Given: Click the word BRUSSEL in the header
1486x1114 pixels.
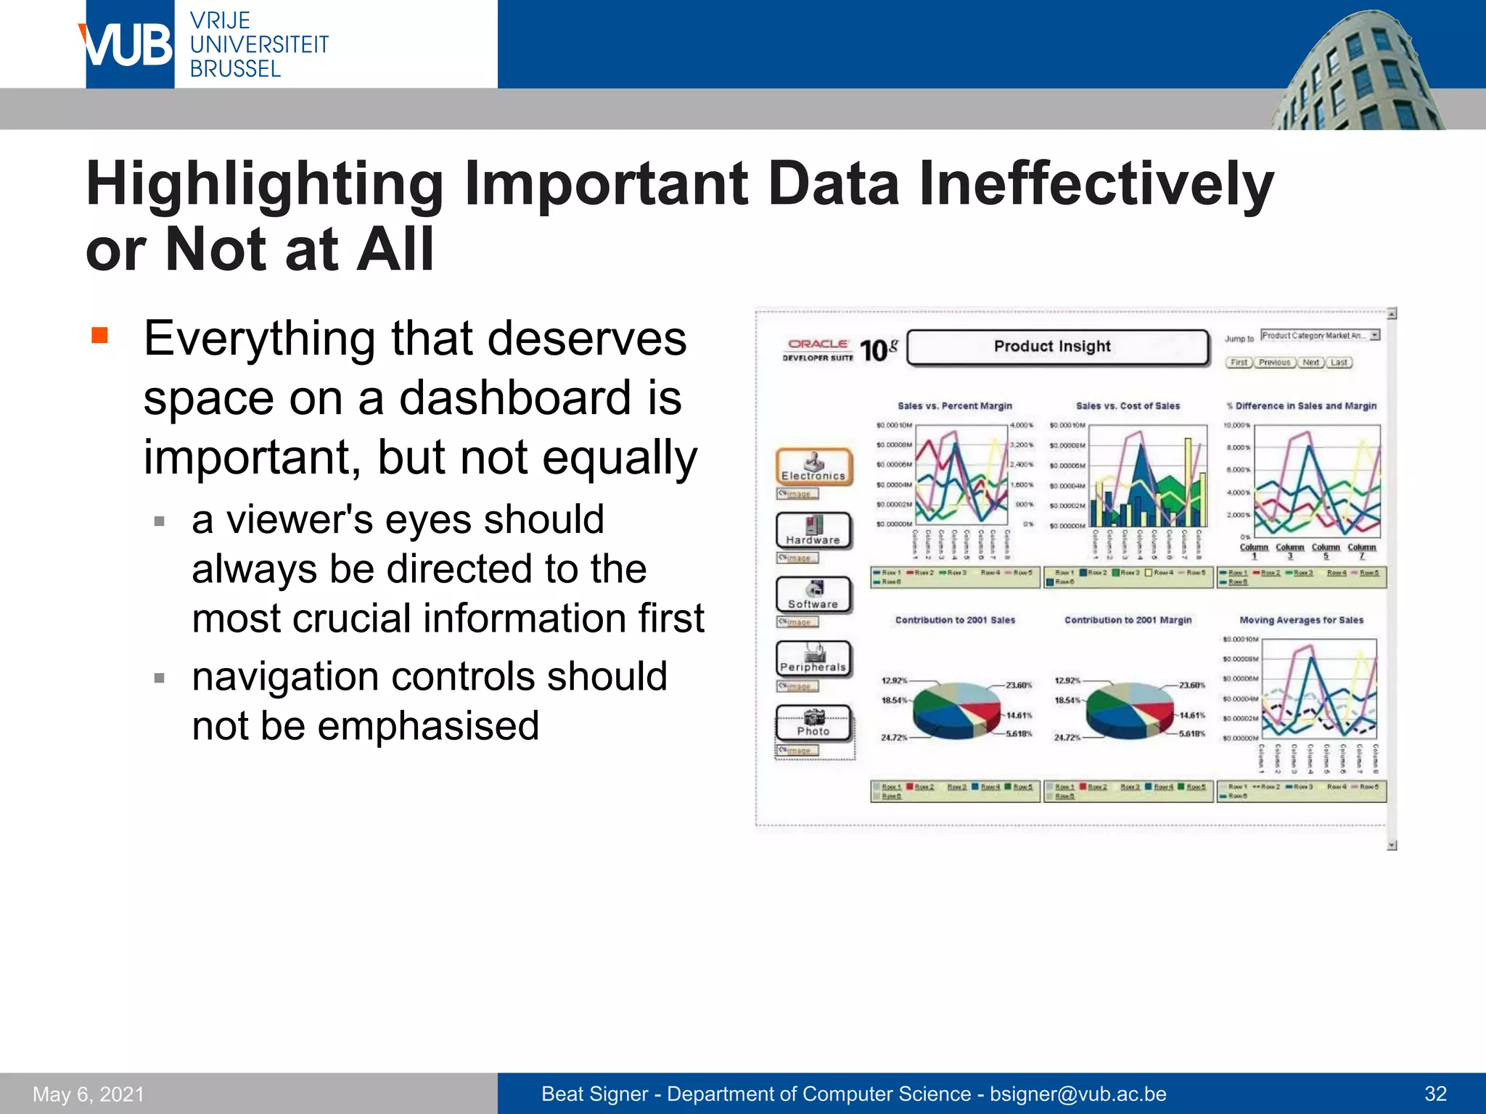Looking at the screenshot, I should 235,69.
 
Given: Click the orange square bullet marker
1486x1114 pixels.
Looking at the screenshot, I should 99,335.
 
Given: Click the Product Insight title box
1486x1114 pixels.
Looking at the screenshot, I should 1058,347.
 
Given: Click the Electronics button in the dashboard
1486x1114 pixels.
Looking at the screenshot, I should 813,467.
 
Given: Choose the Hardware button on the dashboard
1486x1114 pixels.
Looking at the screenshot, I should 813,531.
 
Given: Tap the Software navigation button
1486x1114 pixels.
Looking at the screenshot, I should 813,595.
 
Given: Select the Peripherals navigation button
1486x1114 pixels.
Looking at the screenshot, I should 813,659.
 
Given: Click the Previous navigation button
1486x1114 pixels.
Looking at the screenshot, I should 1274,363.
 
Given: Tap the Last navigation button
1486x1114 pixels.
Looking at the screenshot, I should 1339,363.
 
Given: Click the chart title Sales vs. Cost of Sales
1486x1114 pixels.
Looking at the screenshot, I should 1128,406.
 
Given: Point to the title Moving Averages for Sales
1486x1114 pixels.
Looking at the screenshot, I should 1301,620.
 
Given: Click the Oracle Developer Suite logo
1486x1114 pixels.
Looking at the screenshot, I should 818,350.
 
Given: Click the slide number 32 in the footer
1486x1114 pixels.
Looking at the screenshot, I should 1435,1094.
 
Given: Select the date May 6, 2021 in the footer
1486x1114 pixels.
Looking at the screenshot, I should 89,1094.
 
